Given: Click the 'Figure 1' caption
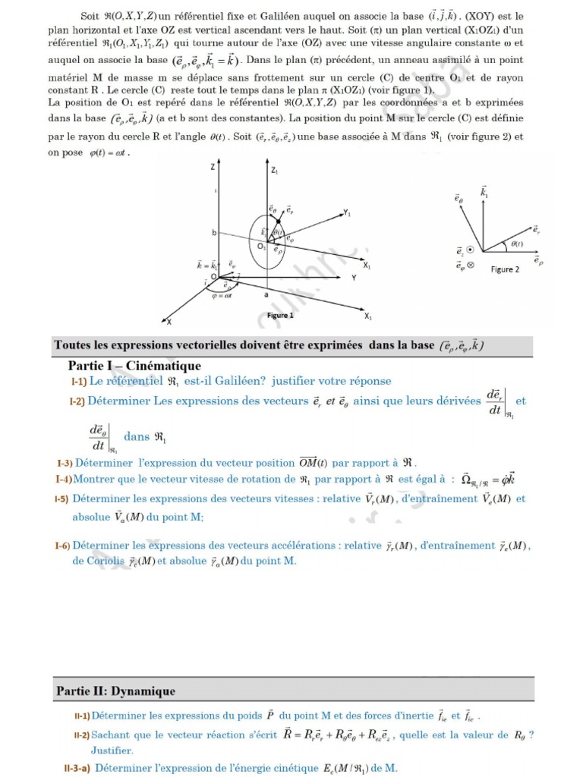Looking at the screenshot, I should tap(280, 315).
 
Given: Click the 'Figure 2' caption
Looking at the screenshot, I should tap(505, 269).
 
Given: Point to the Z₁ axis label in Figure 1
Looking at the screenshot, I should tap(274, 171).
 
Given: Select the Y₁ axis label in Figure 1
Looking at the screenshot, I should tap(347, 213).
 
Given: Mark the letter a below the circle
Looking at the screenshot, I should tap(266, 294).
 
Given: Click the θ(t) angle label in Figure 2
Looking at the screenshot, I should tap(516, 244).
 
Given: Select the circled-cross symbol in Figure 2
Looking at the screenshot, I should tap(470, 266).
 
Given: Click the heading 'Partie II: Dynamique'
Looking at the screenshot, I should tap(115, 691).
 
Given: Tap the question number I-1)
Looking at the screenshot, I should tap(78, 381).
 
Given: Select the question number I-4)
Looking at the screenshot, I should tap(64, 480).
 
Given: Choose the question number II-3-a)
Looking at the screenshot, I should tap(77, 768).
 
